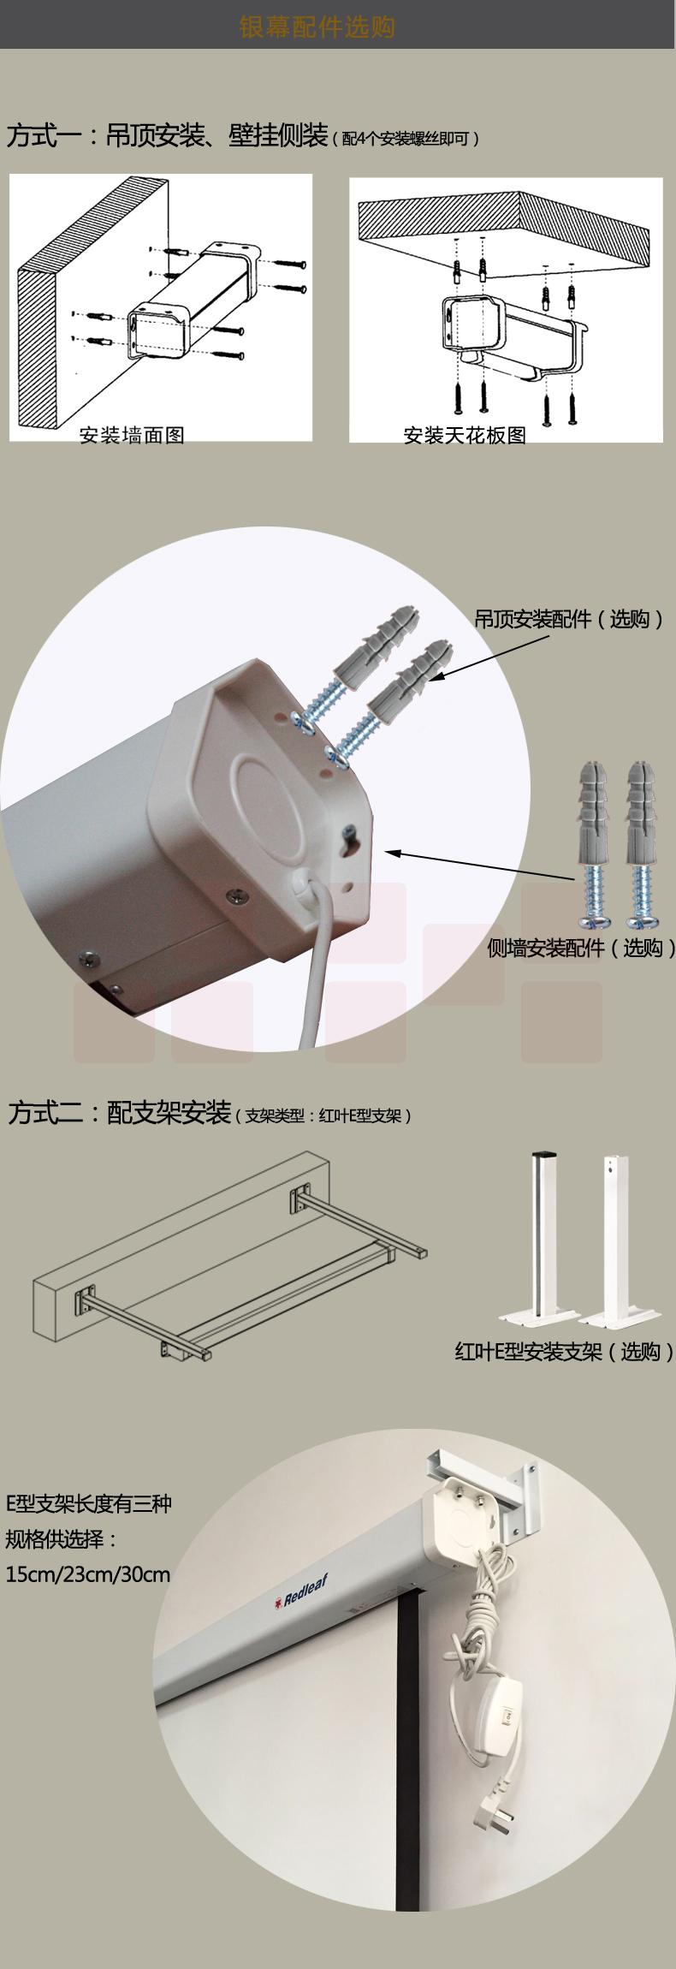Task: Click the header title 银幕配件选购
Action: pos(317,27)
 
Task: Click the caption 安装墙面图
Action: pos(132,435)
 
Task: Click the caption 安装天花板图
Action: pos(465,435)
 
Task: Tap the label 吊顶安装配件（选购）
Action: pos(569,618)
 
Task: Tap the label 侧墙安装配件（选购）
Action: pos(581,948)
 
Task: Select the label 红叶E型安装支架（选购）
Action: pos(564,1352)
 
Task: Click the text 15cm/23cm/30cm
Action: pos(88,1574)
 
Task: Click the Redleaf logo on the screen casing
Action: pos(301,1591)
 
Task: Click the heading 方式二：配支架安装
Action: pos(120,1112)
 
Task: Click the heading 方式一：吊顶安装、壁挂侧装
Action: pos(168,134)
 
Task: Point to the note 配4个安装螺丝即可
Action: pos(406,138)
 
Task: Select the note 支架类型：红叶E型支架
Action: pos(323,1115)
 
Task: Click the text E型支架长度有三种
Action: pos(89,1503)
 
